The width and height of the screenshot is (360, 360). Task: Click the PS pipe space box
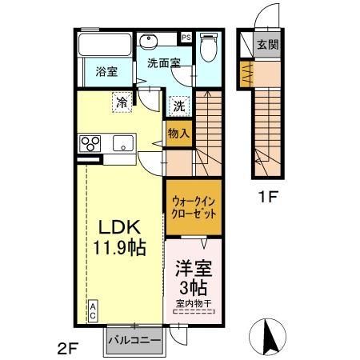186,38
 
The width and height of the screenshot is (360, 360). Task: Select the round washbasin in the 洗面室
148,42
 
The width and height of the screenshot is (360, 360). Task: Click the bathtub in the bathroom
106,44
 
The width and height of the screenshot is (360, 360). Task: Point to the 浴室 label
106,71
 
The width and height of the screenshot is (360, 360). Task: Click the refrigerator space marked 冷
122,102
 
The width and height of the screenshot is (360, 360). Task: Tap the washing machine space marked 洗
179,106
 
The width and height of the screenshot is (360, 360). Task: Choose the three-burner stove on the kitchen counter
90,143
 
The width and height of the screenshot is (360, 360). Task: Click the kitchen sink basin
123,143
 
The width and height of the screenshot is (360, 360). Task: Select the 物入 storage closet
179,134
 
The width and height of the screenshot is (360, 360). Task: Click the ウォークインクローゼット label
194,207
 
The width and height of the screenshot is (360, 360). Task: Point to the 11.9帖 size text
119,248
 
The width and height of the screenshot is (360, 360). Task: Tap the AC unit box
93,311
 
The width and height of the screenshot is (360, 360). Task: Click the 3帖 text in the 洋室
194,288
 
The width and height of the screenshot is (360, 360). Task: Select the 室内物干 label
194,304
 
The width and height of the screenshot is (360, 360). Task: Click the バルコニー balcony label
135,340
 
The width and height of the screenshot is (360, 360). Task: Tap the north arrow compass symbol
267,336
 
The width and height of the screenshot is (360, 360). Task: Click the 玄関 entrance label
268,45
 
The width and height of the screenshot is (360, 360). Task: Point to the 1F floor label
268,197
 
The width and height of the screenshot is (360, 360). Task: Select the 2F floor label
67,348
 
